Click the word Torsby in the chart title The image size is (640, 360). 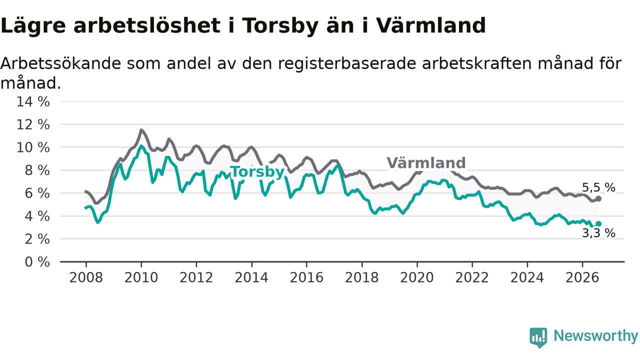coord(280,25)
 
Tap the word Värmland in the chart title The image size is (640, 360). coord(430,25)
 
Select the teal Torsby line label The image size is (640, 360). coord(257,172)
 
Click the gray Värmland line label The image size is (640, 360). coord(426,163)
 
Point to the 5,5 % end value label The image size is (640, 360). coord(598,187)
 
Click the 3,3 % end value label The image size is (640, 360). coord(598,233)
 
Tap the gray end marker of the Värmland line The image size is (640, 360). coord(598,198)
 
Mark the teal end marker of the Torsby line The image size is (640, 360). coord(598,223)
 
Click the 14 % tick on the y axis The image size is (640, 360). coord(33,101)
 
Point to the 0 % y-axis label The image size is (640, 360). coord(37,262)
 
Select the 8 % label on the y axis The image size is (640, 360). coord(37,170)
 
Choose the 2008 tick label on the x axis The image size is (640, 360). coord(86,277)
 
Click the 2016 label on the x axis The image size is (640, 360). coord(306,277)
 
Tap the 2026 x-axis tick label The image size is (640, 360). coord(582,277)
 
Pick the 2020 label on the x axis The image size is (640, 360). coord(417,277)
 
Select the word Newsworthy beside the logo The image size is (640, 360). coord(596,336)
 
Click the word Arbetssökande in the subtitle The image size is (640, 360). coord(61,63)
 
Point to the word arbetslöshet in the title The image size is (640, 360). coord(147,25)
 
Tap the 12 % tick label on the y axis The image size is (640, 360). coord(33,125)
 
